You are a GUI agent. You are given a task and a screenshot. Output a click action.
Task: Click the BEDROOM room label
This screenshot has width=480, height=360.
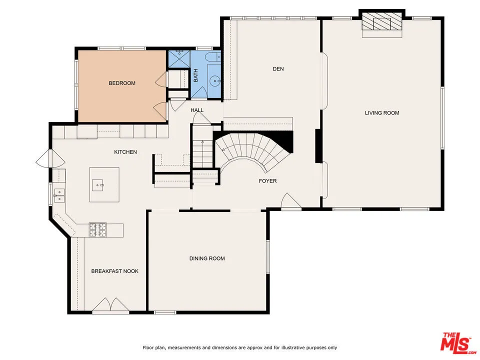click(x=122, y=83)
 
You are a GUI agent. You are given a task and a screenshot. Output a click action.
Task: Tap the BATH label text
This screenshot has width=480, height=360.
click(x=196, y=75)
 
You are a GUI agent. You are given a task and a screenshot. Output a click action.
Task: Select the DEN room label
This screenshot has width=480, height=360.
click(x=278, y=68)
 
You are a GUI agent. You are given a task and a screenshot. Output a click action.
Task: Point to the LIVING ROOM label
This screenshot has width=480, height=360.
click(x=382, y=113)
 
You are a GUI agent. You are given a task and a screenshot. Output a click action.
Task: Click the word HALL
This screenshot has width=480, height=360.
click(x=197, y=110)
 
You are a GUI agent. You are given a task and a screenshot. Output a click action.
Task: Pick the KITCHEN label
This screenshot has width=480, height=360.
click(x=125, y=152)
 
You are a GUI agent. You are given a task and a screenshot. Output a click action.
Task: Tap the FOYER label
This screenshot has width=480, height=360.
click(x=267, y=181)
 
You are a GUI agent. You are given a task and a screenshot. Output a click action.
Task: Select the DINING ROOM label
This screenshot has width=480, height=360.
click(x=207, y=258)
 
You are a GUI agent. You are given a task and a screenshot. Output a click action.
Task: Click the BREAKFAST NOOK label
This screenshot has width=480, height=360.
click(x=114, y=271)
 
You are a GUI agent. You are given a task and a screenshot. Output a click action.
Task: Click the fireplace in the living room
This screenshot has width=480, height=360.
click(x=382, y=23)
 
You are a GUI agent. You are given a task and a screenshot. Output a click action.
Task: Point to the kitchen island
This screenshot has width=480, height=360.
click(x=104, y=184)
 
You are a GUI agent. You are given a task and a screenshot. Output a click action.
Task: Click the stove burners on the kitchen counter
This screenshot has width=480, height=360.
click(x=98, y=229)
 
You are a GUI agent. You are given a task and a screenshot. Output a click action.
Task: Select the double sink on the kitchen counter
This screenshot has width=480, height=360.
click(x=59, y=195)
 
